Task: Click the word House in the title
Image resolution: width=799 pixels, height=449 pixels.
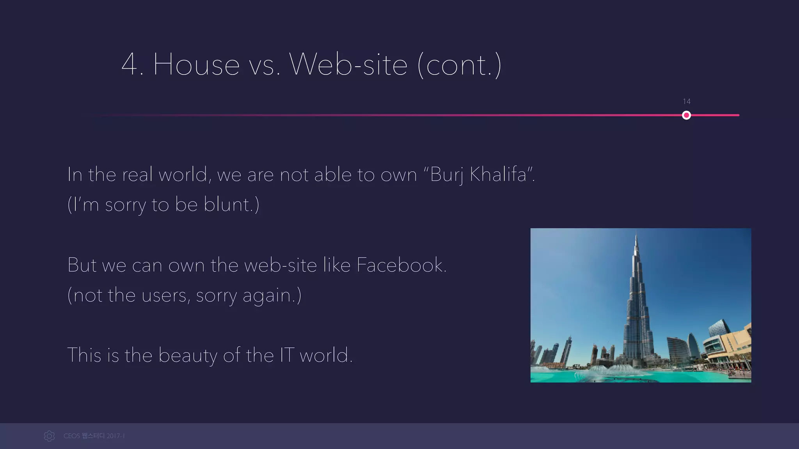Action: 196,65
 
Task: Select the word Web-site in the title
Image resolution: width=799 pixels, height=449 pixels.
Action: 348,65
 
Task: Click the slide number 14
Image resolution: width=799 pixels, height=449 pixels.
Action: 687,102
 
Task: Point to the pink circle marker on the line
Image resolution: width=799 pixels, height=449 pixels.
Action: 686,115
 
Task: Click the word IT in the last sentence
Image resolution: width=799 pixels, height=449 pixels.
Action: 287,355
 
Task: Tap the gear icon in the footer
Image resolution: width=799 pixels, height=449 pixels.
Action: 49,436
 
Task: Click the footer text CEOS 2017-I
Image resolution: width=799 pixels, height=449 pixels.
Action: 94,436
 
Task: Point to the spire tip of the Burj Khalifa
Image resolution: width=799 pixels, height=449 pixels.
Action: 636,233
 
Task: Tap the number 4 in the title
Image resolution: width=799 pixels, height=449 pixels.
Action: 130,65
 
